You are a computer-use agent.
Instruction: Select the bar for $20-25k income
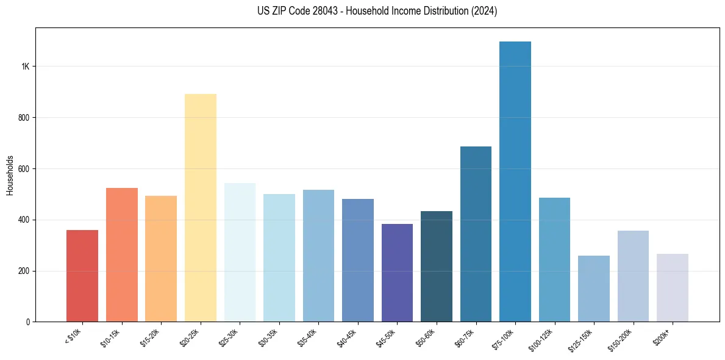point(201,208)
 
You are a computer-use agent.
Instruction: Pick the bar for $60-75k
point(476,234)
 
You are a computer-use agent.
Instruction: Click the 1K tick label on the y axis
point(24,67)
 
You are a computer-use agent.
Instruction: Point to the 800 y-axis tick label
point(23,118)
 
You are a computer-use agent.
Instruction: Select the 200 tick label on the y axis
point(23,271)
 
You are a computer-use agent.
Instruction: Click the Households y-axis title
point(10,175)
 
